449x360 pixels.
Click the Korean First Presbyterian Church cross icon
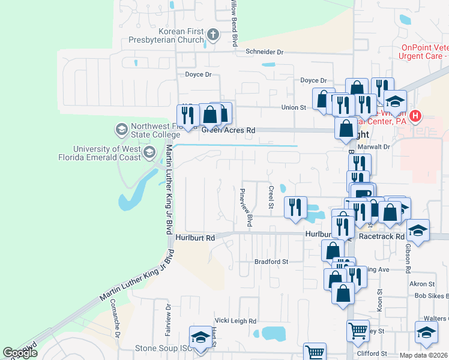click(212, 35)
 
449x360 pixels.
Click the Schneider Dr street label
click(264, 52)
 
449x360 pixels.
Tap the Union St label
click(294, 107)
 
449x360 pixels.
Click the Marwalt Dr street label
click(374, 146)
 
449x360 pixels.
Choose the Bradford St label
click(271, 262)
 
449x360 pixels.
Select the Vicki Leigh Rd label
click(236, 321)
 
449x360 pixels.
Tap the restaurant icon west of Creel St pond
click(295, 207)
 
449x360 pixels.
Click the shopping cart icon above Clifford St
click(357, 330)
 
